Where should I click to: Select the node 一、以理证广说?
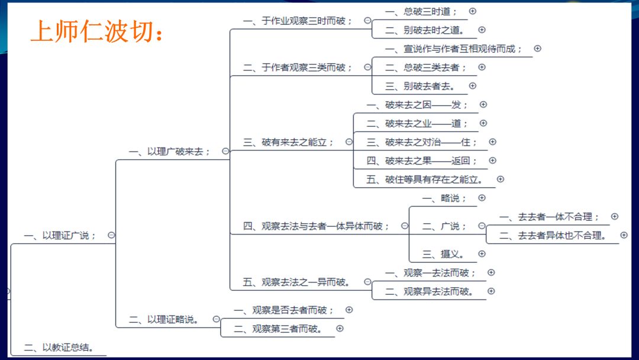(x=60, y=235)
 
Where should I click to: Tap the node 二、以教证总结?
(x=59, y=348)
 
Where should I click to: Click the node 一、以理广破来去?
(x=170, y=151)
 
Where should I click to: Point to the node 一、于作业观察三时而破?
(x=298, y=21)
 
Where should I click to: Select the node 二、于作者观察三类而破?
(x=298, y=67)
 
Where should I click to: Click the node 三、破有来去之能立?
(x=289, y=142)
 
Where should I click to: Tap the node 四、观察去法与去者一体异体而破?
(x=317, y=226)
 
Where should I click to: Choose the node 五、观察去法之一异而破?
(x=298, y=282)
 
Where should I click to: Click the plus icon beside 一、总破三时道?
(x=472, y=11)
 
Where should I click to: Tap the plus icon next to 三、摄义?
(x=482, y=253)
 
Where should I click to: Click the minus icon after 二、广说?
(x=482, y=226)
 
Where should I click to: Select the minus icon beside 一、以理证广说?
(x=111, y=235)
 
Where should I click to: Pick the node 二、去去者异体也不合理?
(x=553, y=235)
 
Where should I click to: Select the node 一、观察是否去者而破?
(x=284, y=310)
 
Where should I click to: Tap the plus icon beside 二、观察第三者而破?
(x=340, y=328)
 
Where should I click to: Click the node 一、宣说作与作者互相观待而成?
(x=454, y=49)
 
